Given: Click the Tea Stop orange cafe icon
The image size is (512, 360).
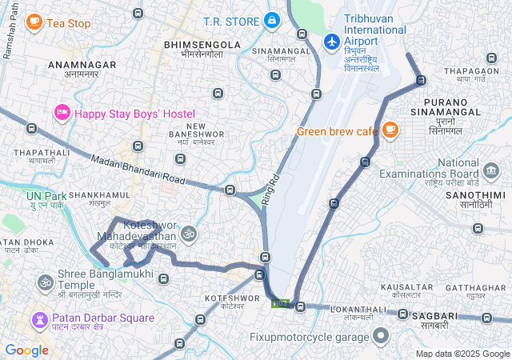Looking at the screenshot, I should [34, 22].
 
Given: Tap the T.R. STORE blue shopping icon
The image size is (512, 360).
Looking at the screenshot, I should [271, 20].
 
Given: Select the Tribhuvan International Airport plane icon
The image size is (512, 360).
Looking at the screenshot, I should [332, 39].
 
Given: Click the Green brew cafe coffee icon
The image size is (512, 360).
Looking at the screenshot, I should [390, 129].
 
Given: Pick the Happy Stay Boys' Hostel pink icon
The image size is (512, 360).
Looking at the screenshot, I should [62, 113].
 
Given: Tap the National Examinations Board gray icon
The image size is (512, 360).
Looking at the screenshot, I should [491, 170].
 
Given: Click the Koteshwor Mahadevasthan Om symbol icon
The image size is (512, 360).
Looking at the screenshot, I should [189, 234].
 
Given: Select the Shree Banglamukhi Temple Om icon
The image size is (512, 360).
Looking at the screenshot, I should [45, 282].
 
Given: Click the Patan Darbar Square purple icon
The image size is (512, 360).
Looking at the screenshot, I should [39, 319].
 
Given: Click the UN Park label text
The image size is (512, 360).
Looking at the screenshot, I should [44, 195].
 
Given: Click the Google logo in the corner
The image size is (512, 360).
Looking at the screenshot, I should [26, 350].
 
